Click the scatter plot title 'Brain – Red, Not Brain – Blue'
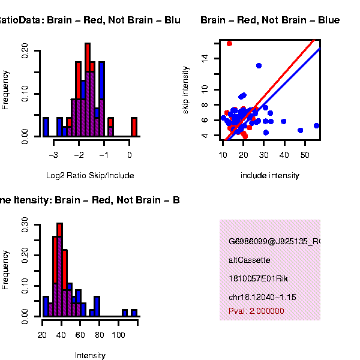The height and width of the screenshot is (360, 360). coord(269,20)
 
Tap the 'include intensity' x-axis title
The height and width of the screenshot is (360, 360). coord(269,175)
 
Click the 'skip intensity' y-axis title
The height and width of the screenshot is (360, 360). coord(186,90)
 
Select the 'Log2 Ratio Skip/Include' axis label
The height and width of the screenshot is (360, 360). coord(90,175)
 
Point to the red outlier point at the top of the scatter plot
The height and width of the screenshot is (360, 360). coord(229,43)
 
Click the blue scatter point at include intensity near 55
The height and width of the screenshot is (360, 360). coord(316,126)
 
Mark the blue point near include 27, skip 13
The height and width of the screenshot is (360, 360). coord(259,65)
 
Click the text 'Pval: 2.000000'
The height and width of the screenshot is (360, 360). coord(256,311)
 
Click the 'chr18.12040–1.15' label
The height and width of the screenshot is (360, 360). coord(262,297)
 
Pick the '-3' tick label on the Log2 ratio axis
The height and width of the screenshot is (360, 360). coord(54,155)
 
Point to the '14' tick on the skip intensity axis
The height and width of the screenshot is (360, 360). coord(205,58)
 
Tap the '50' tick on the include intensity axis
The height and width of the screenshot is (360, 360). coord(304,155)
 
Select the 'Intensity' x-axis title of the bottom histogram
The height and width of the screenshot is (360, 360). coord(90,355)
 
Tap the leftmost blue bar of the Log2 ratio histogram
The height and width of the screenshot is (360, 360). coord(46,127)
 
